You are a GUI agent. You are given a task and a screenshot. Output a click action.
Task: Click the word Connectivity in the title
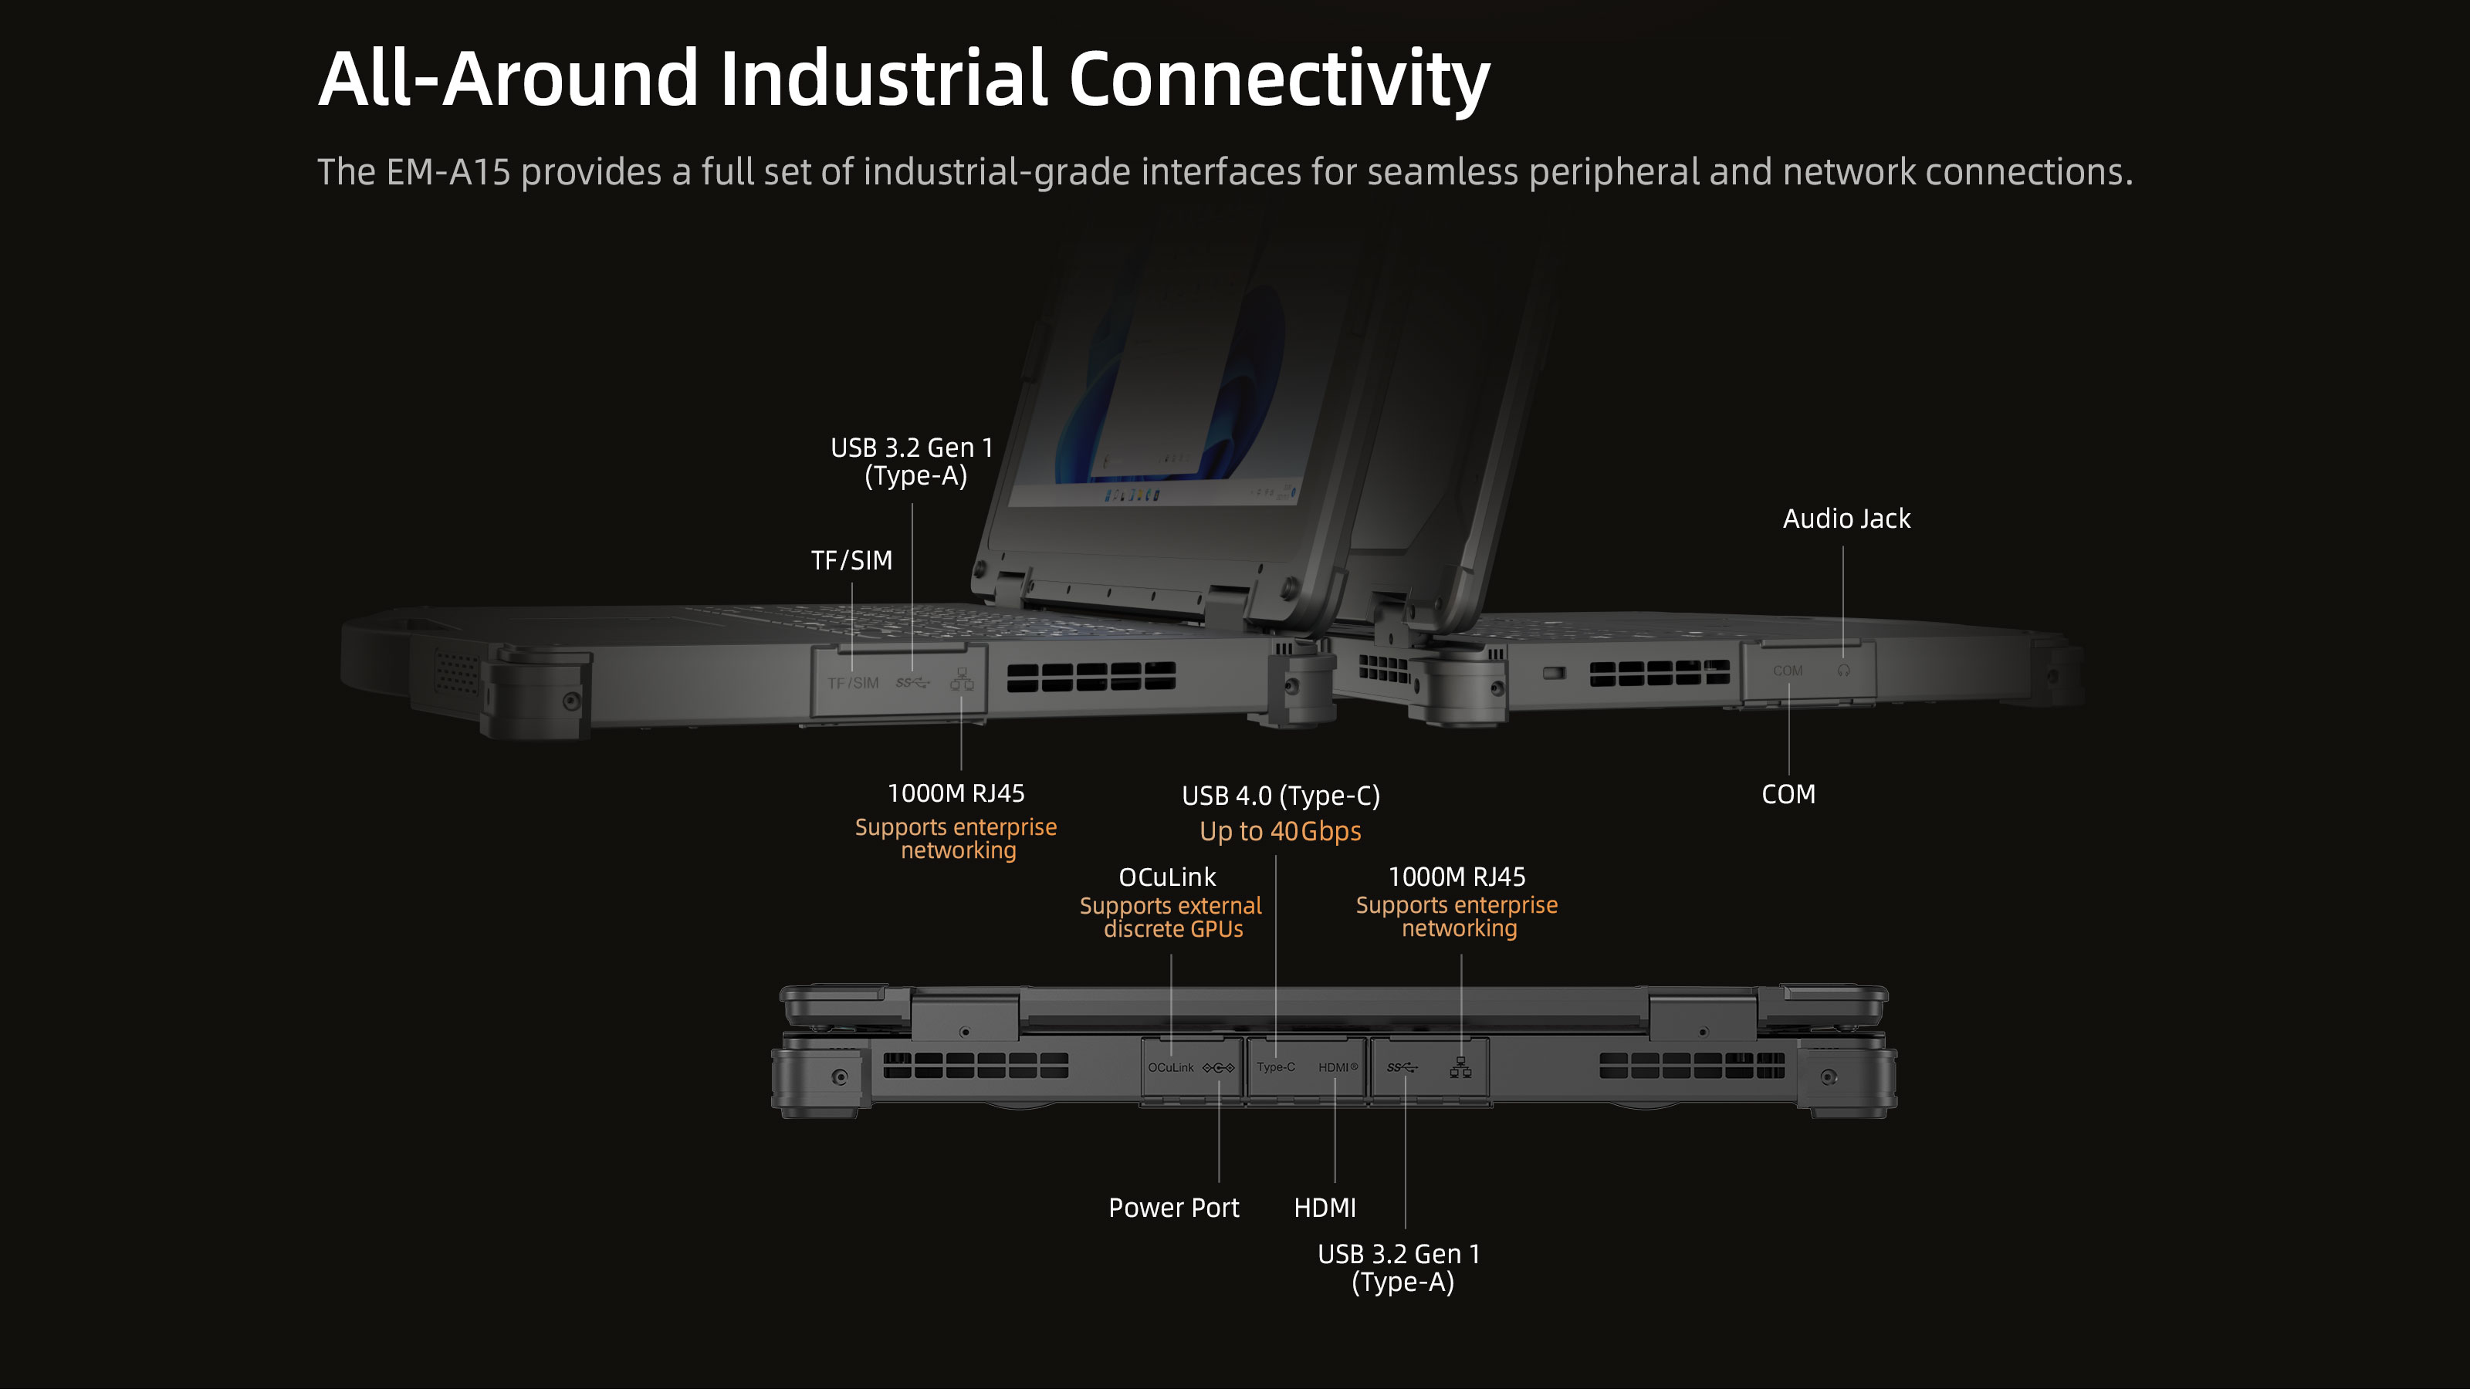(1278, 79)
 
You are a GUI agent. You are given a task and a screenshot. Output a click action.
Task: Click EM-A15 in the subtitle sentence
(448, 173)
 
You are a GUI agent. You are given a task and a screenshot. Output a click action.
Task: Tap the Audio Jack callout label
(1846, 519)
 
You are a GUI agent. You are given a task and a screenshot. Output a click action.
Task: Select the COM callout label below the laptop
(1788, 794)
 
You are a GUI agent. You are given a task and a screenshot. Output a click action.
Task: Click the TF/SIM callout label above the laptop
(851, 559)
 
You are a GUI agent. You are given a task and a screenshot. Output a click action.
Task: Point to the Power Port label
(1173, 1207)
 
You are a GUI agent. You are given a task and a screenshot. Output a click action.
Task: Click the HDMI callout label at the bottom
(1325, 1207)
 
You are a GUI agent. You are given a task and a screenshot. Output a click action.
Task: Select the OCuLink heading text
(1167, 877)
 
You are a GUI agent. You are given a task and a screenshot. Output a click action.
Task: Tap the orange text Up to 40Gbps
(1280, 831)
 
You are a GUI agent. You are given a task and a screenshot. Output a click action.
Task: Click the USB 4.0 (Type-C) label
(1280, 796)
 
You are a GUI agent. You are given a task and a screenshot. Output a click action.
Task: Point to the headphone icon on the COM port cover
(1843, 670)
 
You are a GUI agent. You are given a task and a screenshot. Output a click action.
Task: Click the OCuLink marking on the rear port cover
(1171, 1068)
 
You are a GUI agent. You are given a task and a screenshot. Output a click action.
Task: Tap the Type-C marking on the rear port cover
(1275, 1067)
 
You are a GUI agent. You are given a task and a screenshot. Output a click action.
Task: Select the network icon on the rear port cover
(1460, 1067)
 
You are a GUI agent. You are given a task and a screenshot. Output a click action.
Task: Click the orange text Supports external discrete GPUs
(1171, 918)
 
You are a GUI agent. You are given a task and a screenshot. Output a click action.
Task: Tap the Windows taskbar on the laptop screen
(1151, 494)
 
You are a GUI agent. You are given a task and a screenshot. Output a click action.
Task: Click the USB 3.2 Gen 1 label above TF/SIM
(912, 461)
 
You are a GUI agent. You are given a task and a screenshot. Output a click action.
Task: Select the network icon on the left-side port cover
(962, 681)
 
